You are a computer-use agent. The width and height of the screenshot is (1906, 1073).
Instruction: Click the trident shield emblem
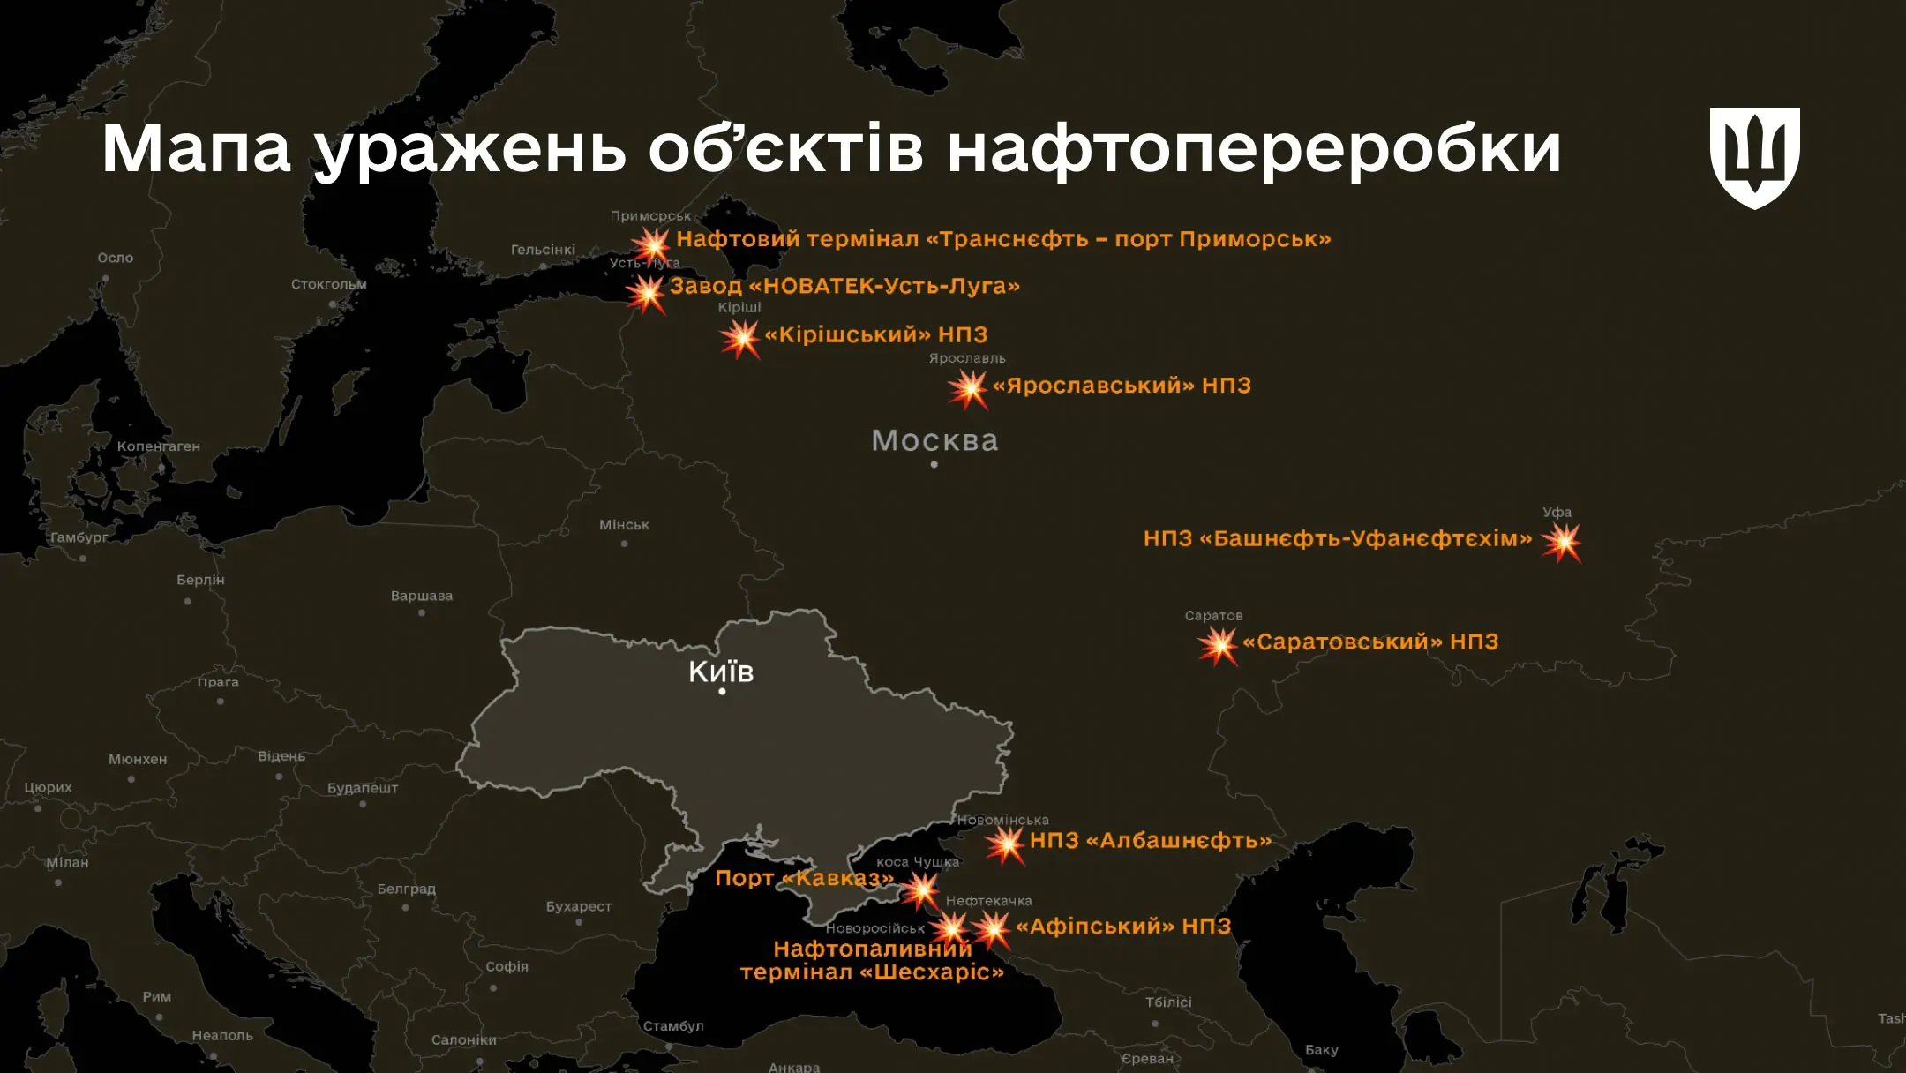[x=1754, y=157]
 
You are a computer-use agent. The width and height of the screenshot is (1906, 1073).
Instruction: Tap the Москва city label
[x=934, y=440]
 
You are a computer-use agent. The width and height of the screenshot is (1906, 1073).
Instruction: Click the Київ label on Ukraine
[x=721, y=672]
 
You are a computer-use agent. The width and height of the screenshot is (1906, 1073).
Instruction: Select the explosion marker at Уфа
[x=1562, y=542]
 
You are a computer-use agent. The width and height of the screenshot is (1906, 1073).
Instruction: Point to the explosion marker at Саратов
[x=1219, y=646]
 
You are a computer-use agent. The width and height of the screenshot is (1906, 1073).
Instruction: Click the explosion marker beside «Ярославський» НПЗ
[x=968, y=389]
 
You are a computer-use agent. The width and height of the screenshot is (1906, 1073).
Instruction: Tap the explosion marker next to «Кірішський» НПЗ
[x=740, y=339]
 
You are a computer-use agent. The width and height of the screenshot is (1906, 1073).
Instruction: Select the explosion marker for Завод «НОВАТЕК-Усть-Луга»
[x=647, y=292]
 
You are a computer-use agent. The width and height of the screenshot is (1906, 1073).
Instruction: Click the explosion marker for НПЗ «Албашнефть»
[x=1005, y=844]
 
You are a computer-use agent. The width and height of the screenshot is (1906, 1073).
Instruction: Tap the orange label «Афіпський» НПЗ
[x=1122, y=927]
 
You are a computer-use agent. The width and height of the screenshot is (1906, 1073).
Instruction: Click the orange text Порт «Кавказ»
[x=803, y=878]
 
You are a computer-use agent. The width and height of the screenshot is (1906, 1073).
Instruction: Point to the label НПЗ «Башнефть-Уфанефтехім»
[x=1337, y=538]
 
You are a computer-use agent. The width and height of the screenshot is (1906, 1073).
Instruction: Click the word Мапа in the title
[x=196, y=148]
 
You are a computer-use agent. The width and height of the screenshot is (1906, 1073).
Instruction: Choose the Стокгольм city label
[x=328, y=284]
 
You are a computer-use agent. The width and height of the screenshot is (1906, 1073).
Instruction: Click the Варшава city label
[x=422, y=596]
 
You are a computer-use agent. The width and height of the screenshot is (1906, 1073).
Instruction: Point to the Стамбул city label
[x=673, y=1026]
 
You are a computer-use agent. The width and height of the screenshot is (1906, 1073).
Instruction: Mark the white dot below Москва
[x=934, y=465]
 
